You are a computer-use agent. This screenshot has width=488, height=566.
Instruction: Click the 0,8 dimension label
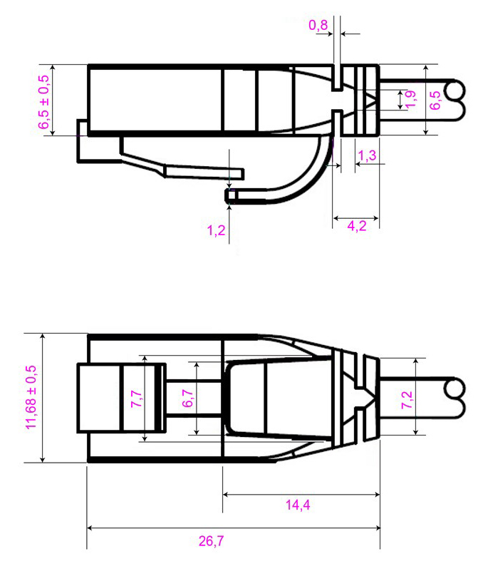pos(318,26)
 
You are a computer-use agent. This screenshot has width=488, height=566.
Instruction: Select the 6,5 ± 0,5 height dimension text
pos(44,102)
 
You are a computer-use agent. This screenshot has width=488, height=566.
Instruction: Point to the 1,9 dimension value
pos(410,101)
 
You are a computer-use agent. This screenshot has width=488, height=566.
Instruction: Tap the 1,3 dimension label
pos(367,155)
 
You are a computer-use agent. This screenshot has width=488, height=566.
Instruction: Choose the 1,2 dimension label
pos(216,230)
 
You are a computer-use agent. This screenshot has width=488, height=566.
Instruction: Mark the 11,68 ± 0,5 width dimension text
pos(31,397)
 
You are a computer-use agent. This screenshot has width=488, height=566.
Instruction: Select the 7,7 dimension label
pos(135,397)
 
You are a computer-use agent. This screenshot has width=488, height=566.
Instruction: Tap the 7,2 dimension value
pos(407,397)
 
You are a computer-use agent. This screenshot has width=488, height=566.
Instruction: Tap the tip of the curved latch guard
pos(230,195)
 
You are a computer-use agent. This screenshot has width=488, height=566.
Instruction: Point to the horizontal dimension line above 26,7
pos(233,528)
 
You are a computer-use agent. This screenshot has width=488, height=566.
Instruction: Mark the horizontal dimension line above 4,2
pos(355,216)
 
